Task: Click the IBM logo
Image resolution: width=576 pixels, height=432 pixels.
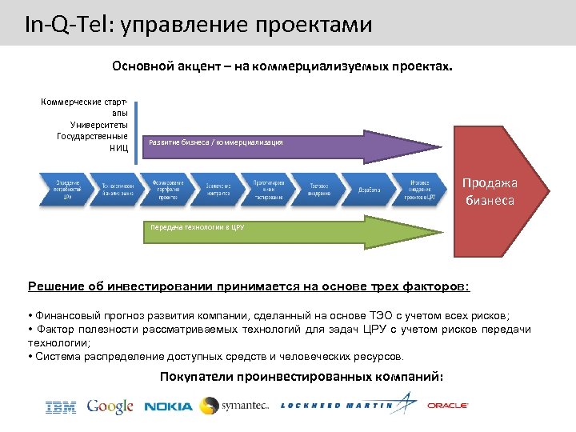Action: click(61, 407)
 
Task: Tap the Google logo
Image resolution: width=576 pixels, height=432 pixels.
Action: click(110, 406)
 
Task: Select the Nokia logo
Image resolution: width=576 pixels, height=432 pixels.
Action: click(168, 406)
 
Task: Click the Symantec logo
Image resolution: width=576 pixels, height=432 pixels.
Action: click(234, 405)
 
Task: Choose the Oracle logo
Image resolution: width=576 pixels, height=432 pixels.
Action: click(448, 406)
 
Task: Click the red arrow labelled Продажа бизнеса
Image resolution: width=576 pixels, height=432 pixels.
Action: click(496, 192)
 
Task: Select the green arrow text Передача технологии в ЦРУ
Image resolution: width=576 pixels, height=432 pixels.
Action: click(197, 227)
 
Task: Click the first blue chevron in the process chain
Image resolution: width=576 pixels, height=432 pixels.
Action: click(66, 189)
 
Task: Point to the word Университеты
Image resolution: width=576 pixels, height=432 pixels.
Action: click(99, 124)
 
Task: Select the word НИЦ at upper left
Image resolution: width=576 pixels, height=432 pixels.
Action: click(119, 148)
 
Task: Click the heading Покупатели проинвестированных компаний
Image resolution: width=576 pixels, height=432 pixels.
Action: click(301, 376)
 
